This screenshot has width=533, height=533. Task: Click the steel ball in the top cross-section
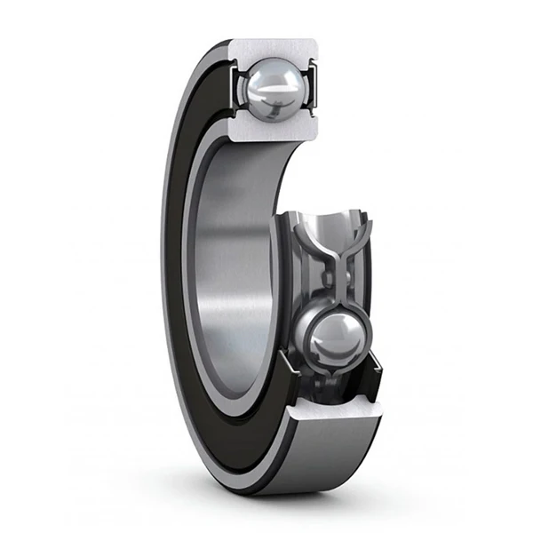273,89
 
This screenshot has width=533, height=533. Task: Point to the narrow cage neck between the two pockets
337,266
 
